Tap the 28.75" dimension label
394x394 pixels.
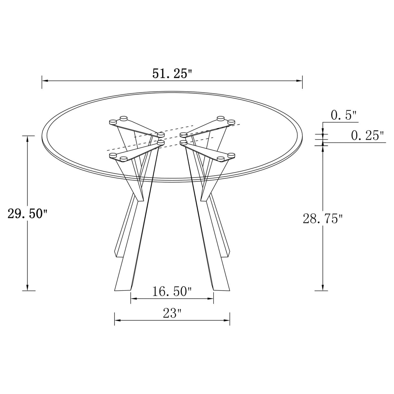pyautogui.click(x=323, y=219)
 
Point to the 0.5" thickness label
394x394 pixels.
pyautogui.click(x=344, y=115)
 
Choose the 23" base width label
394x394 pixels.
pyautogui.click(x=172, y=314)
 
